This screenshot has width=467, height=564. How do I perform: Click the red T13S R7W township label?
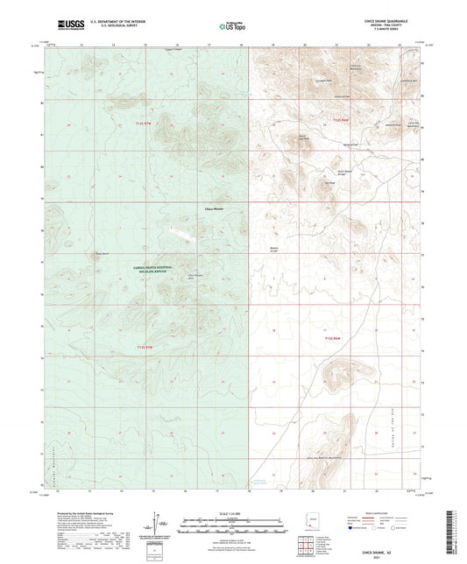[x=145, y=347]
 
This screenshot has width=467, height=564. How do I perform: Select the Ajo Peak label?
[x=356, y=182]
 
